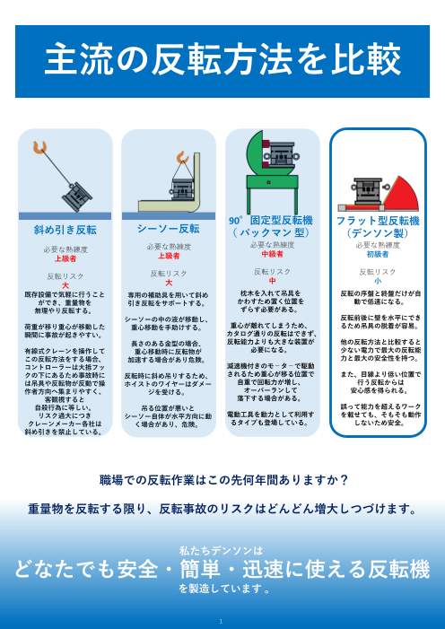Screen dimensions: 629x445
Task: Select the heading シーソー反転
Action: (x=169, y=229)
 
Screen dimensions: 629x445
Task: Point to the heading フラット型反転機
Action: (x=377, y=220)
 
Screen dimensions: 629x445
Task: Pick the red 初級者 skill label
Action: (x=377, y=254)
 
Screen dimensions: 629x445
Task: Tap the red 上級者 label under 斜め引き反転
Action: (x=65, y=258)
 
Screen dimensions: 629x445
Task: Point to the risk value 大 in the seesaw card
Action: (x=169, y=283)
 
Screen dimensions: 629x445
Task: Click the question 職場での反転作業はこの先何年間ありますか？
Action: (x=222, y=478)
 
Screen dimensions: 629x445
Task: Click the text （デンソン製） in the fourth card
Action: (x=377, y=232)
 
